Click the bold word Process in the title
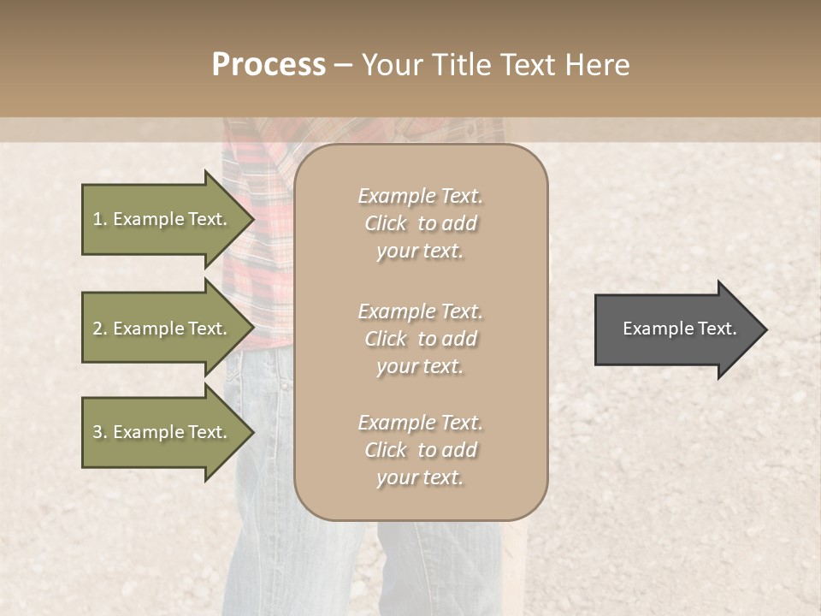(269, 65)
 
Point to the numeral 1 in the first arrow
(97, 219)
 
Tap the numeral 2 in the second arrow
(97, 329)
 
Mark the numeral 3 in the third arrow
(97, 432)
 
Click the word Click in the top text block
(386, 223)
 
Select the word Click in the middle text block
(386, 339)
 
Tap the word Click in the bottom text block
(386, 450)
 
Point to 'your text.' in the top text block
(420, 252)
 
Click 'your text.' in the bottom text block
(420, 478)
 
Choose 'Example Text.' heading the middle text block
(420, 311)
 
